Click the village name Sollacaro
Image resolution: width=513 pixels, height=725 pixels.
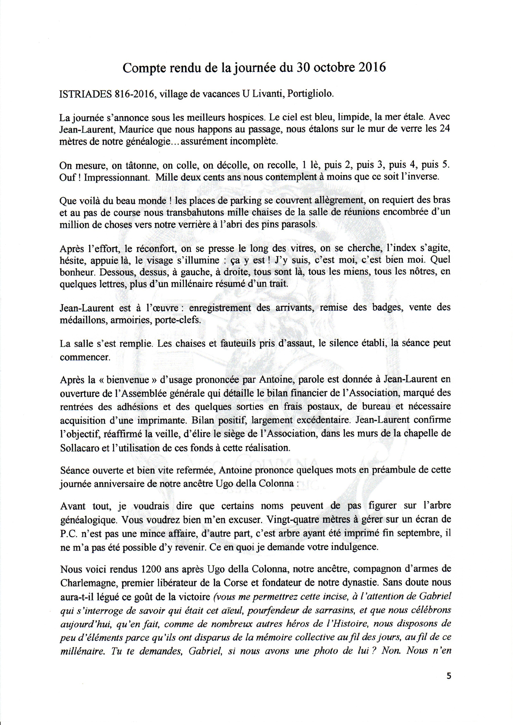(x=80, y=448)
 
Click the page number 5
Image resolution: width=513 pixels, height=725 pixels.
(x=448, y=676)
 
